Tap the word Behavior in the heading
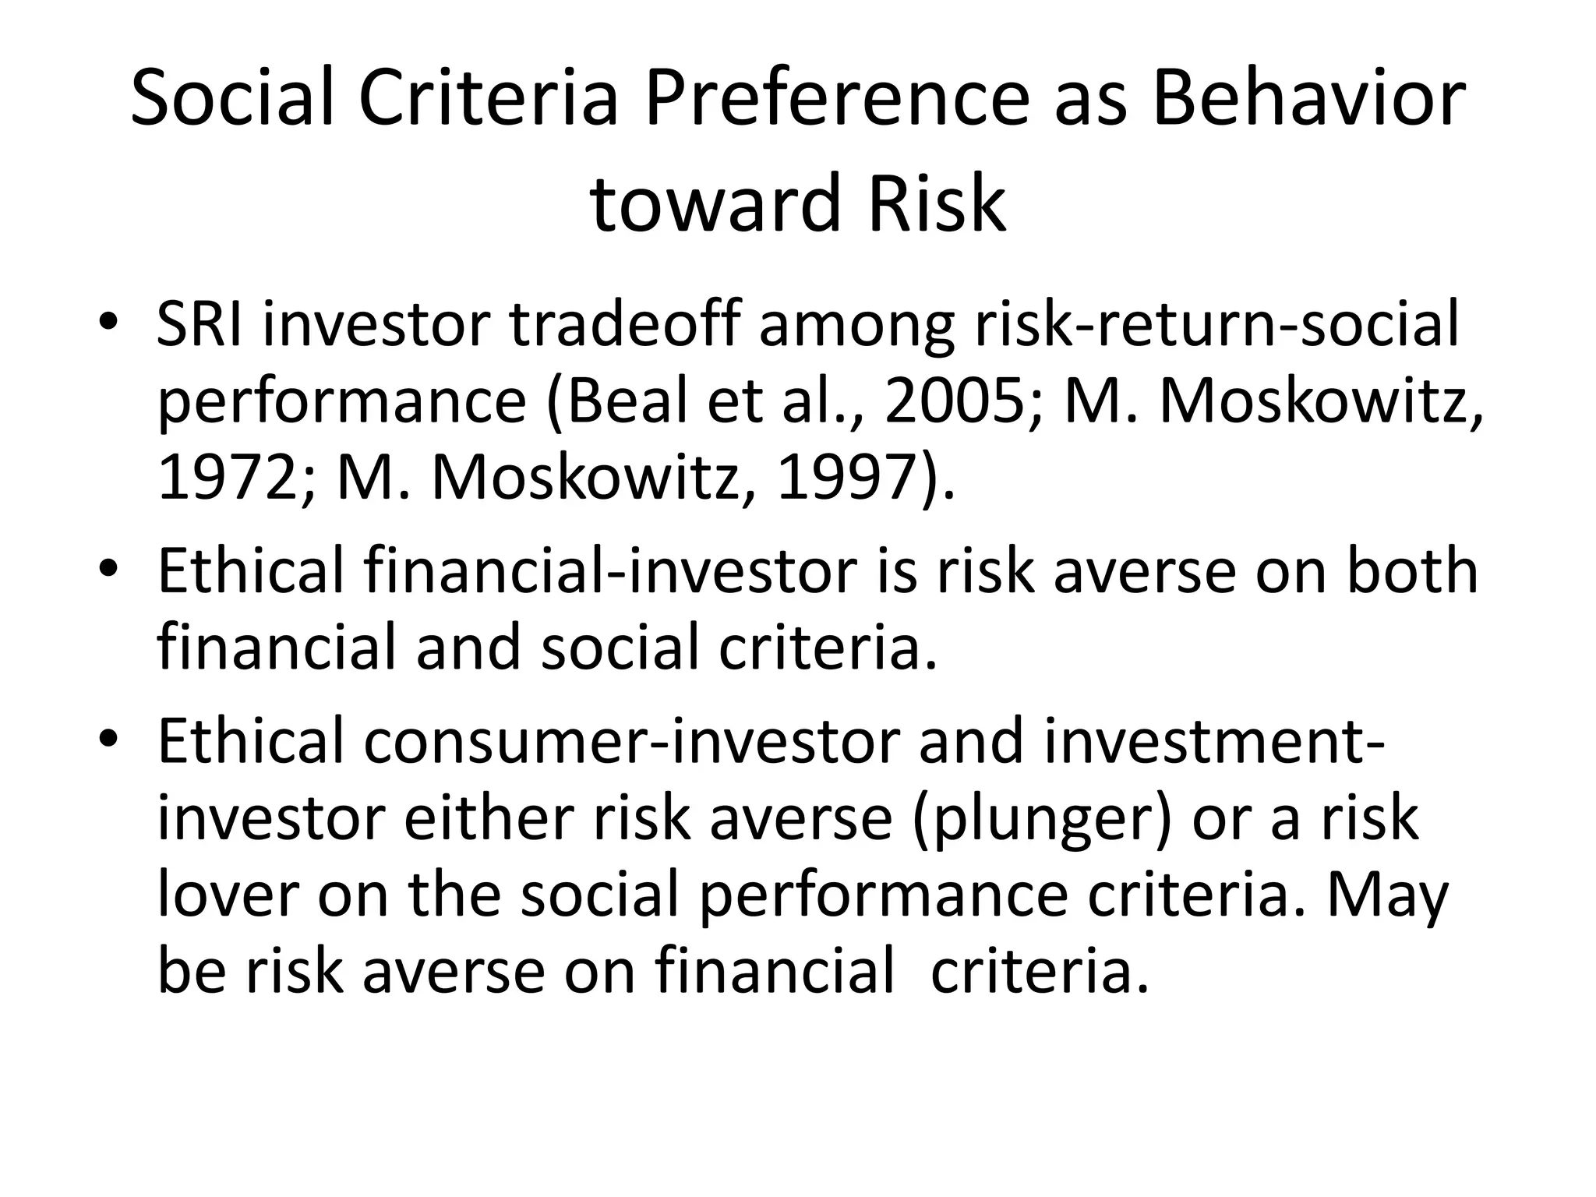click(x=1308, y=100)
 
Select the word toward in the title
click(x=715, y=204)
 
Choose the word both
click(x=1412, y=572)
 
